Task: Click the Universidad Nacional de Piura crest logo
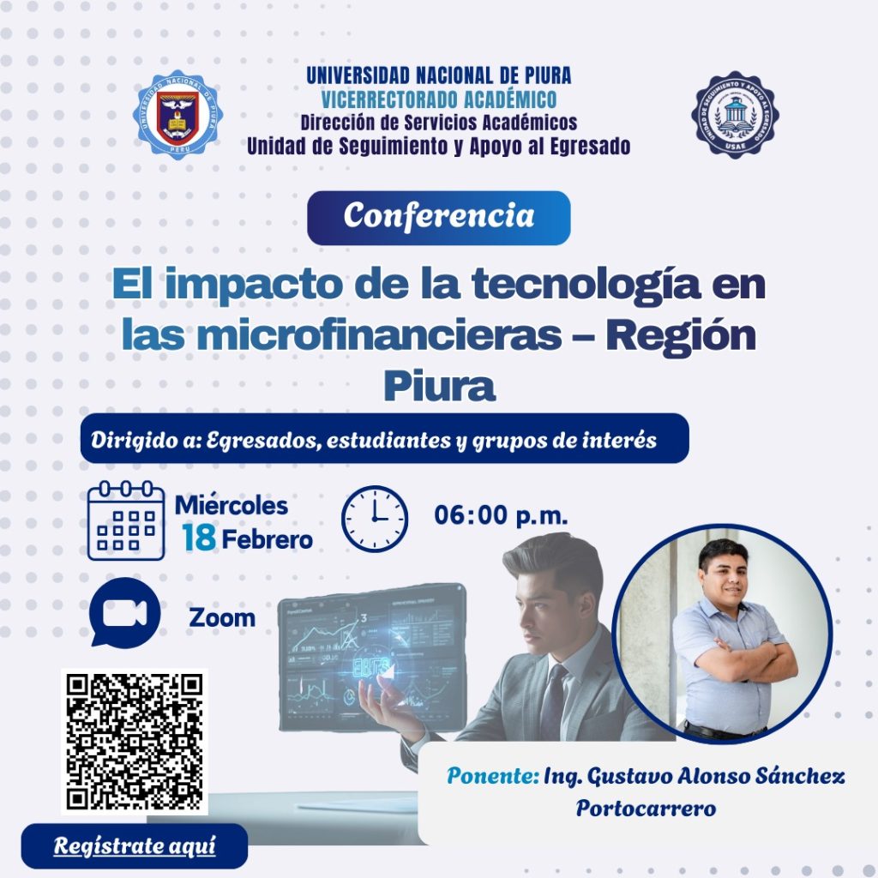point(176,115)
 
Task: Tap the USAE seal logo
point(735,115)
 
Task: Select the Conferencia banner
point(438,217)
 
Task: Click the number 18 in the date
point(198,538)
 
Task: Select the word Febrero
point(268,540)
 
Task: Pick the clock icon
point(375,519)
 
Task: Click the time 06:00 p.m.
point(501,515)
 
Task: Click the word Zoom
point(222,617)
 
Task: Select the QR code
point(135,741)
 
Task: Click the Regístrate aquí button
point(135,845)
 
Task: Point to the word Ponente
point(491,776)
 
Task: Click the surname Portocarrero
point(646,809)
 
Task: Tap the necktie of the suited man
point(553,702)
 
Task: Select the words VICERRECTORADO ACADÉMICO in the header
point(438,99)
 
